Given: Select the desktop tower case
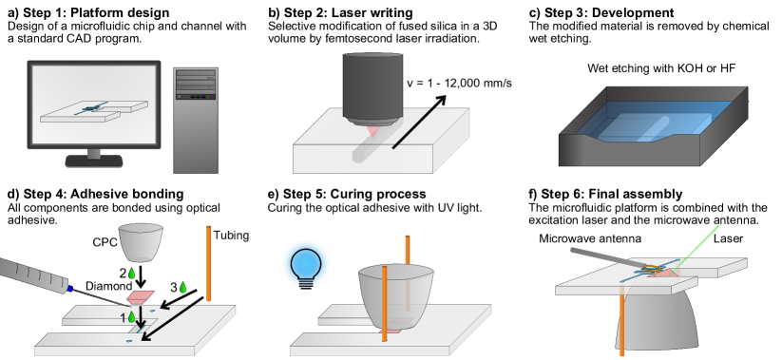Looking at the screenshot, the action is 195,123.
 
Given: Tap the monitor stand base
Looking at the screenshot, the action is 94,161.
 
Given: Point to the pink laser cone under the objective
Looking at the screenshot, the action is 372,131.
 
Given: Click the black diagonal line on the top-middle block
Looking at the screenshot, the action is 413,128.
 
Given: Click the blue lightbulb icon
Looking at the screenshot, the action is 306,264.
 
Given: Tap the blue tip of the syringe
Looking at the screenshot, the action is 70,288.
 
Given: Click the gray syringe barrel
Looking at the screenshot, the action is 33,274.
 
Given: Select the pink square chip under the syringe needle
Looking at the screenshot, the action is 141,297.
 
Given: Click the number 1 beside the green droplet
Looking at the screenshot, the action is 123,318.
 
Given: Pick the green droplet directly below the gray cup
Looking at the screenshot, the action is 132,273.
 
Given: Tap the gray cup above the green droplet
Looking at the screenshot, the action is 141,242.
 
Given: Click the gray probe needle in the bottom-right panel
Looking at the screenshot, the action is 608,258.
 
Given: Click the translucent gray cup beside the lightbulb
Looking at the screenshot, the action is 396,294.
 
